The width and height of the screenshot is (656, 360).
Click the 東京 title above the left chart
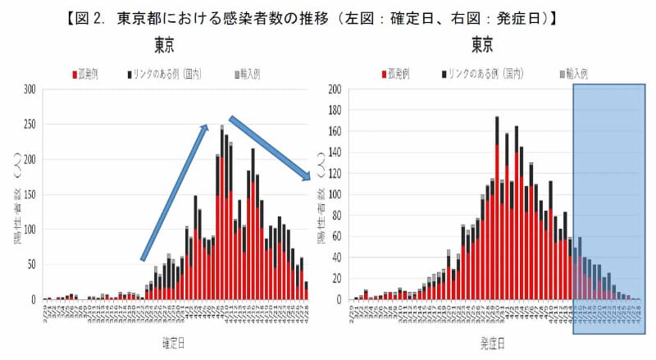165,43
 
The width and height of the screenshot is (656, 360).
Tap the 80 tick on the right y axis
337,215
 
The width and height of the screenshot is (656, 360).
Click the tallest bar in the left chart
221,213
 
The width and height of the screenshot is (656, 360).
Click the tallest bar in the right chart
497,208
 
